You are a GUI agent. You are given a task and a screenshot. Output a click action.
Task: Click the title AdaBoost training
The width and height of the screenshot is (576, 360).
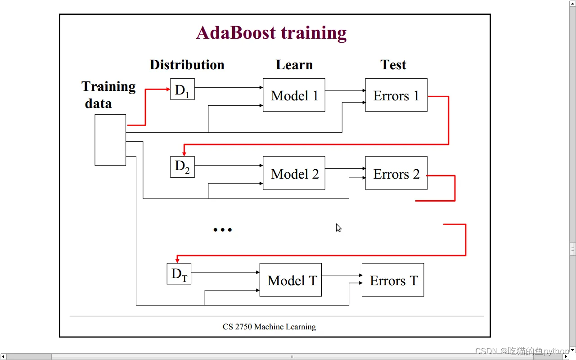(x=271, y=33)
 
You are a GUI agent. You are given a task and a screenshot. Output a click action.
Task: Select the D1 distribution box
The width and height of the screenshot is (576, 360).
(x=182, y=89)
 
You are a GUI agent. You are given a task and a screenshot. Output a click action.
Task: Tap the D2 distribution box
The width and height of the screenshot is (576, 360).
(x=182, y=167)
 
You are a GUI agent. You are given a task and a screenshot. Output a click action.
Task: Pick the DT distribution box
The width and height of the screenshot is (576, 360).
(x=179, y=274)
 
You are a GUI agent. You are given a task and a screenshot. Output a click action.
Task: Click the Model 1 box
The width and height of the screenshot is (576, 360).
(x=294, y=95)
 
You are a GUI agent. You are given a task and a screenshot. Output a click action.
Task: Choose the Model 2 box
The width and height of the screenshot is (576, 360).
(x=294, y=173)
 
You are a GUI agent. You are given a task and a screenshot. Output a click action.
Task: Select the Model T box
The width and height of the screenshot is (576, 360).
(x=291, y=280)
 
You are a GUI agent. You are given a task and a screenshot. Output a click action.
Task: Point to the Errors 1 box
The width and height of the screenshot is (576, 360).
(x=396, y=95)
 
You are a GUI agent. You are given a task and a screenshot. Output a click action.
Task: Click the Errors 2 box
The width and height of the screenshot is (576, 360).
(x=396, y=173)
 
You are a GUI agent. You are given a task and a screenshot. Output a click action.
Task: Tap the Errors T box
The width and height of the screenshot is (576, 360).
(x=393, y=280)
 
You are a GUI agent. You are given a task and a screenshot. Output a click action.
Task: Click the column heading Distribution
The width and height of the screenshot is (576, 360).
(x=187, y=65)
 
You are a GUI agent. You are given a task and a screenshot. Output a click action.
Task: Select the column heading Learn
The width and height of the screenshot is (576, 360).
(x=294, y=65)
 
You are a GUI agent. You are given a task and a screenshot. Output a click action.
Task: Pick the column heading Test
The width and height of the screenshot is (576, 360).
(x=393, y=65)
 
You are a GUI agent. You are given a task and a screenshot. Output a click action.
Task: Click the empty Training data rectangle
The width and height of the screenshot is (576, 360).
(x=110, y=140)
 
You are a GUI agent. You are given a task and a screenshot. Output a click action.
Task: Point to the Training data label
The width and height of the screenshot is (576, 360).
(x=108, y=94)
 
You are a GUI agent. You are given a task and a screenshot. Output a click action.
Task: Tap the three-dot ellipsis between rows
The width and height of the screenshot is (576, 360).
(x=222, y=230)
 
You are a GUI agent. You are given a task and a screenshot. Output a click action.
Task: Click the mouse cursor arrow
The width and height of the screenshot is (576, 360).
(x=338, y=227)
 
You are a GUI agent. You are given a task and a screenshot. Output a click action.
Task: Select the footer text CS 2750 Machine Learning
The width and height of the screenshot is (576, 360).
(x=269, y=327)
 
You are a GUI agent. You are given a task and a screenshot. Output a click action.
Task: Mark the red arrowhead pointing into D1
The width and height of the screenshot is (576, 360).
(x=168, y=89)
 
